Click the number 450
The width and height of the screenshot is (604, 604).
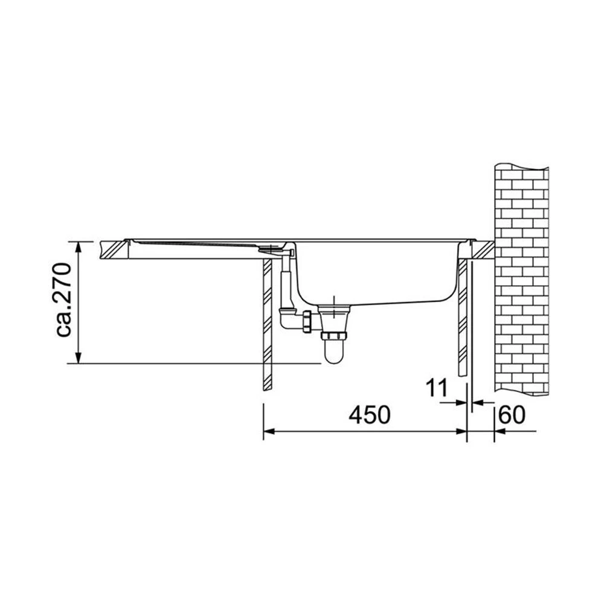coord(370,415)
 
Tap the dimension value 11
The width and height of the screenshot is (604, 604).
coord(437,388)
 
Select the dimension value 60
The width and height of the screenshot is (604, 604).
coord(512,415)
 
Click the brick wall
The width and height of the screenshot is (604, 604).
coord(521,279)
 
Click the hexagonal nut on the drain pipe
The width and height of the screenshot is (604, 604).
coord(307,321)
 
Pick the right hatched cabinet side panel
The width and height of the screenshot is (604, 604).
coord(463,318)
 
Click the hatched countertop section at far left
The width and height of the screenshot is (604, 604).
coord(114,249)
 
